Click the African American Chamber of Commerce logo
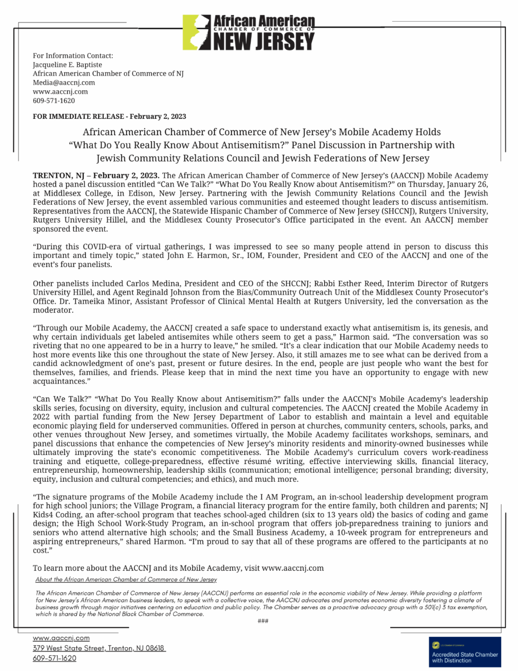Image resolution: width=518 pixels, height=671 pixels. pos(249,32)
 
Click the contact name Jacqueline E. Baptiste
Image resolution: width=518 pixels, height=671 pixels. pos(67,64)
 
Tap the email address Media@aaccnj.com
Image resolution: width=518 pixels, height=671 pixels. pos(64,83)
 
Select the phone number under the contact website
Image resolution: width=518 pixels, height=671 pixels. pos(54,101)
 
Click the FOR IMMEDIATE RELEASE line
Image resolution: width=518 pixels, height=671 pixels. pos(109,116)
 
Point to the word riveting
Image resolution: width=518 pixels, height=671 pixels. pos(48,346)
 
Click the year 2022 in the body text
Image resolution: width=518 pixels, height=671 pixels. pos(41,417)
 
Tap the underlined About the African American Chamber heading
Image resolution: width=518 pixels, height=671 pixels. pos(126,579)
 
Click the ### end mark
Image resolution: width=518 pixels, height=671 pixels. pos(263,621)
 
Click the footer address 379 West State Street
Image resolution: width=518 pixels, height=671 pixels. pos(99,648)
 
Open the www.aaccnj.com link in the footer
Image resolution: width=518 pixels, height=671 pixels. pos(61,638)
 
